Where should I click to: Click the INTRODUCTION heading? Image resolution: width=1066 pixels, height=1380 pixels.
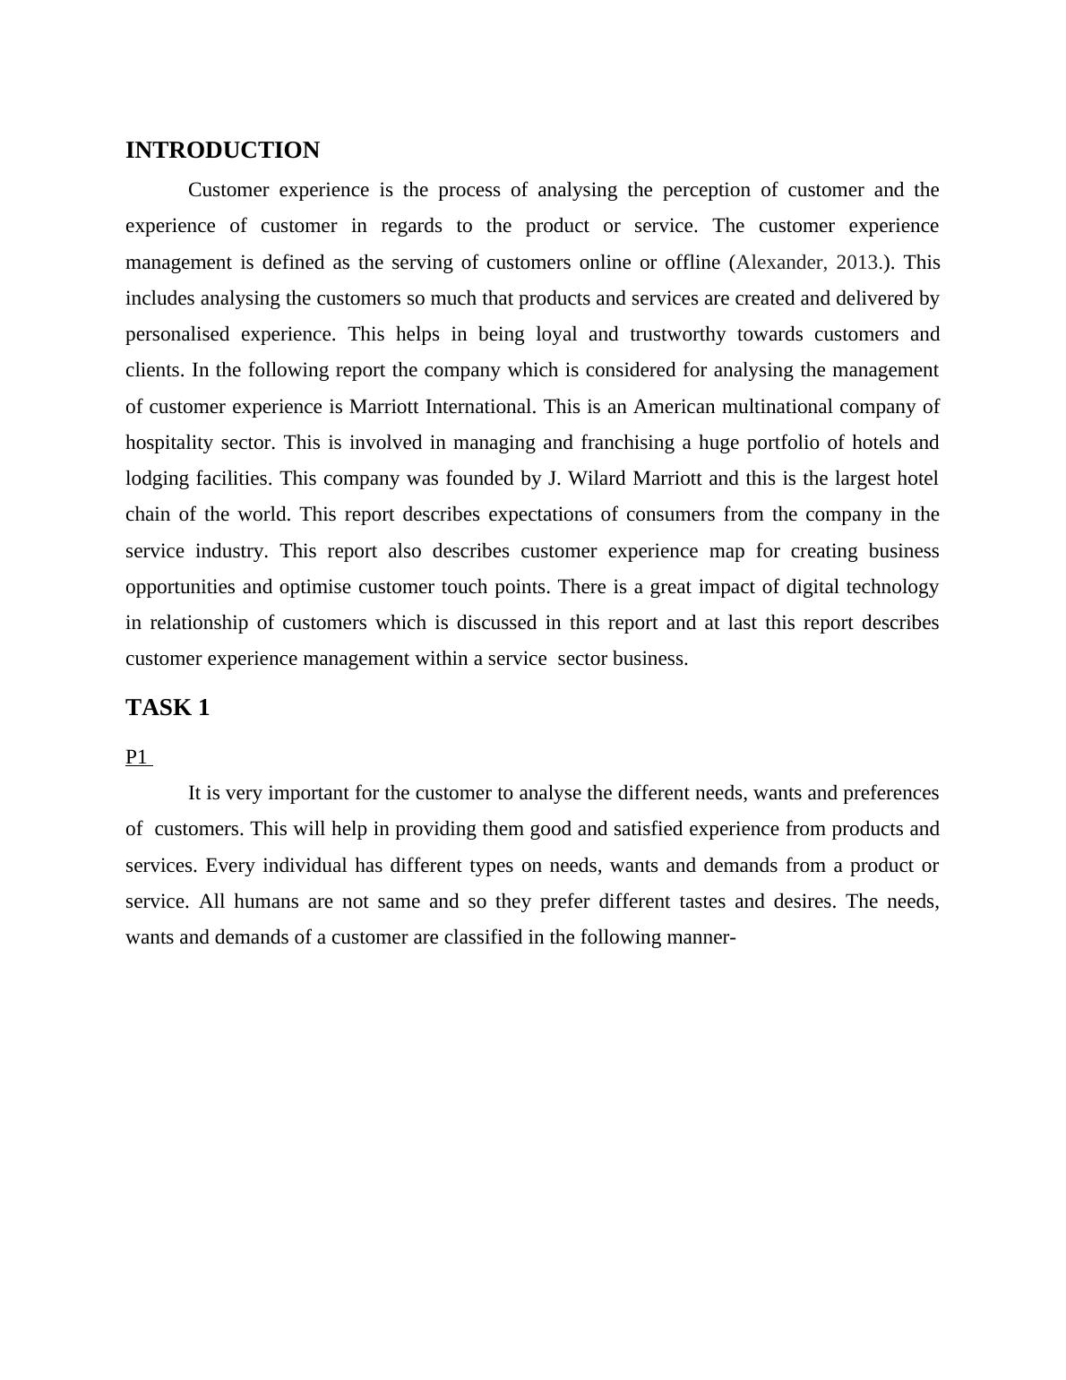222,151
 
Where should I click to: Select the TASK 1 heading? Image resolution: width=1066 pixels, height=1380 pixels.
168,708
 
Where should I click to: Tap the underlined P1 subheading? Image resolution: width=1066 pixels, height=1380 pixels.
137,757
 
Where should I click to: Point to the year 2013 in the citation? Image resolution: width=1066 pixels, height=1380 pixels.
857,263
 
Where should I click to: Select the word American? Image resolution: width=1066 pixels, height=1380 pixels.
675,407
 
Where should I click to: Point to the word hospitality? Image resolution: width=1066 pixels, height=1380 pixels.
169,443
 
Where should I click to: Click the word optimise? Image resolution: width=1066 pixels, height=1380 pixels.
314,587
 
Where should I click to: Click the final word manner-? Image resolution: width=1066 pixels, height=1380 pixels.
701,937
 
